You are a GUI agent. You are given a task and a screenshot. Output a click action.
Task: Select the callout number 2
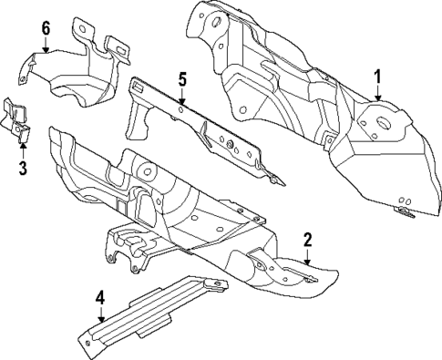pyautogui.click(x=307, y=240)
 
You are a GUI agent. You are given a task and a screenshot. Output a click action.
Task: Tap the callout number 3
pyautogui.click(x=22, y=167)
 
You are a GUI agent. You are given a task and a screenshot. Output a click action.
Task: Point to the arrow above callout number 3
pyautogui.click(x=22, y=149)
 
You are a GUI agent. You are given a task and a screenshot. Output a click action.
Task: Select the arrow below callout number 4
pyautogui.click(x=100, y=313)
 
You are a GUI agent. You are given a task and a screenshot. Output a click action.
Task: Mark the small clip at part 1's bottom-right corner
pyautogui.click(x=404, y=211)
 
